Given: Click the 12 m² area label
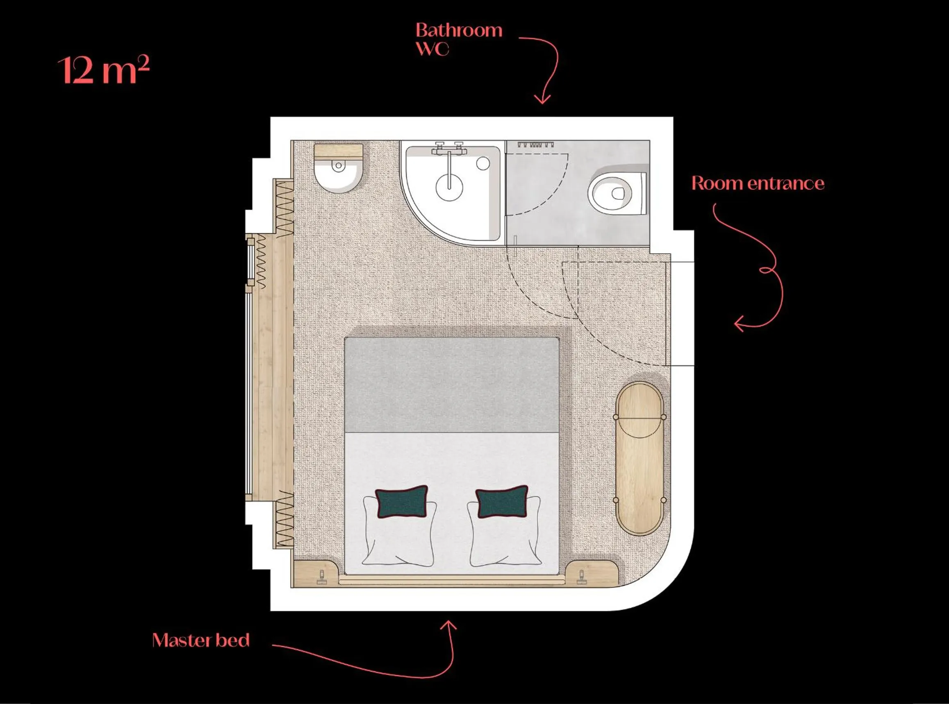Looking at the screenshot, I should coord(103,70).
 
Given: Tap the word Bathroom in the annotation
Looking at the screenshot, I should coord(459,31).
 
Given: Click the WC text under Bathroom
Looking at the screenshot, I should coord(432,49).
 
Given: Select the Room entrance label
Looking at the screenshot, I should coord(758,183).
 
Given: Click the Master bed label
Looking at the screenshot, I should coord(201,640).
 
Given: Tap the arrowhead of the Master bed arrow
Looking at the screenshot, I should coord(449,625).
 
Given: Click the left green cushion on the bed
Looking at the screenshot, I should coord(401,502).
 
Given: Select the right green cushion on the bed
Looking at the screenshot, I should coord(502,502).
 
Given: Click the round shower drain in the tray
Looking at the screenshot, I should coord(449,187).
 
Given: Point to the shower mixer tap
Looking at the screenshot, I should coord(449,149).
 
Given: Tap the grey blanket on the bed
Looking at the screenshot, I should coord(451,385).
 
